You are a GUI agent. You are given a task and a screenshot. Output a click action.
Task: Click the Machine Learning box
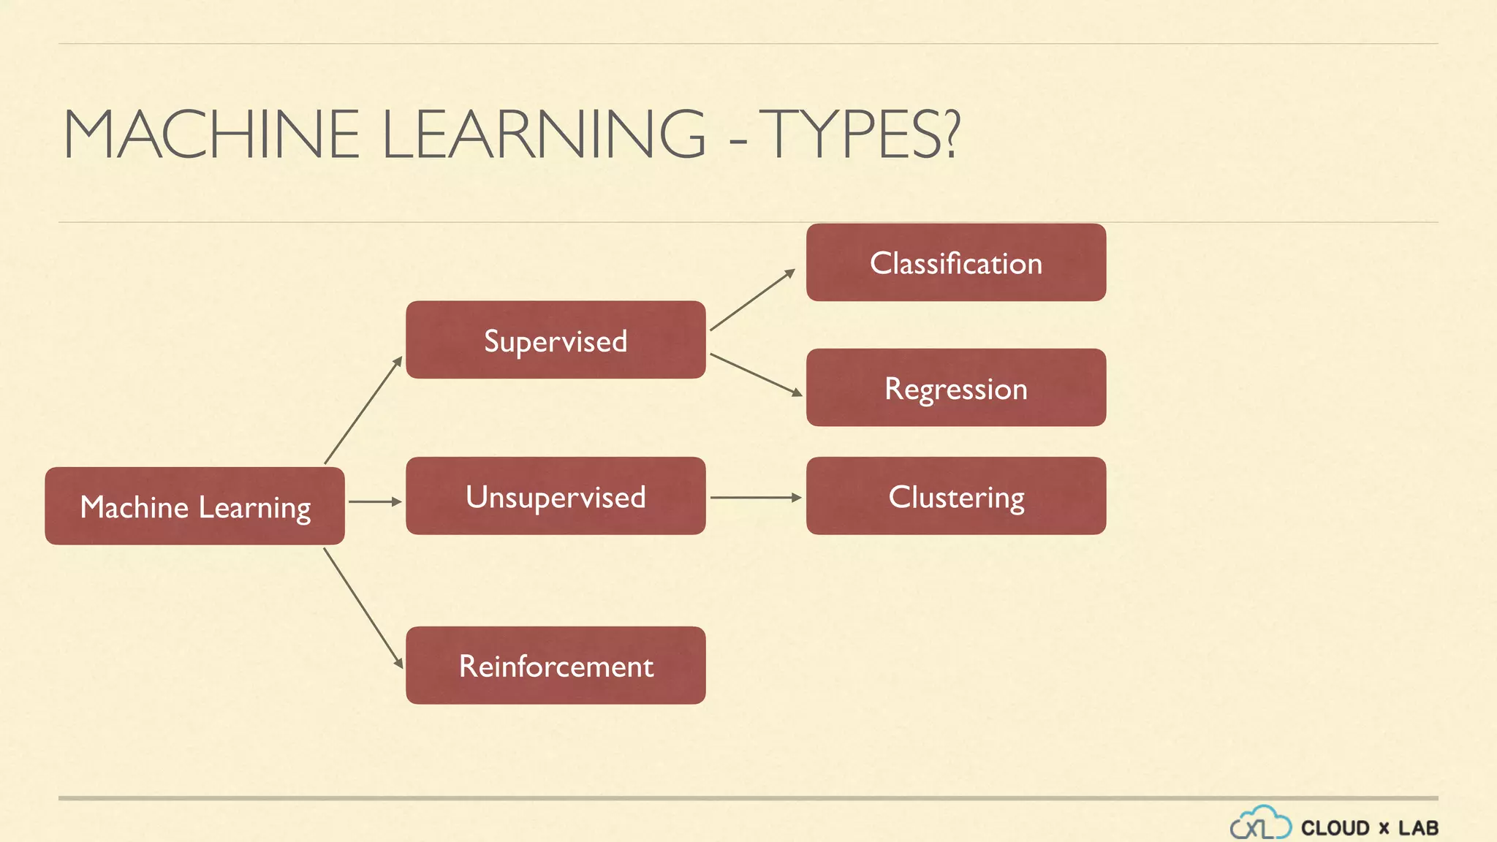click(194, 506)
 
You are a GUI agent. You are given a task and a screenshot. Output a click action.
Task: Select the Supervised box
click(556, 340)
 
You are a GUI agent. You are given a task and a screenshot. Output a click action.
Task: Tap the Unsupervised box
click(556, 496)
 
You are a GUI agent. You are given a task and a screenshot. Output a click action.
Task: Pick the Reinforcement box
click(556, 665)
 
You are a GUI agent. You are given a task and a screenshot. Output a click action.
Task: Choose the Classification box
click(956, 262)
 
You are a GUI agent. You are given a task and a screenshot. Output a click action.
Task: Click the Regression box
click(956, 387)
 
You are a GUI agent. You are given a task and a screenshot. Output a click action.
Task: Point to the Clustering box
click(956, 496)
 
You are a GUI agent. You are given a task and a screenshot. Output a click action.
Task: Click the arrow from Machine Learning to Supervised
click(363, 410)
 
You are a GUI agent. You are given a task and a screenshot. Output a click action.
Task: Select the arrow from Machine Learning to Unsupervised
click(375, 501)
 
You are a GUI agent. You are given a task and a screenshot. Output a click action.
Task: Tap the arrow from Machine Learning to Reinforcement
click(363, 608)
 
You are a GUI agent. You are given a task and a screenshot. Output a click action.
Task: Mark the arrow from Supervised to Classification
click(752, 300)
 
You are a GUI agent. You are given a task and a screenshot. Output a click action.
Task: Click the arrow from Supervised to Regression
click(756, 375)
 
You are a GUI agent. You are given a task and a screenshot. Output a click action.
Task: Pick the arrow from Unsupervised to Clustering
click(756, 497)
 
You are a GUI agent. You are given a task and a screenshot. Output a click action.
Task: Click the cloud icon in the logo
click(1260, 823)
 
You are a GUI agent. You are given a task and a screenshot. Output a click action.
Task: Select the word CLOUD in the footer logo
click(1335, 828)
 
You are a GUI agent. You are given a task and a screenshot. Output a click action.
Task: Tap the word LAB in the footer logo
click(1418, 828)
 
